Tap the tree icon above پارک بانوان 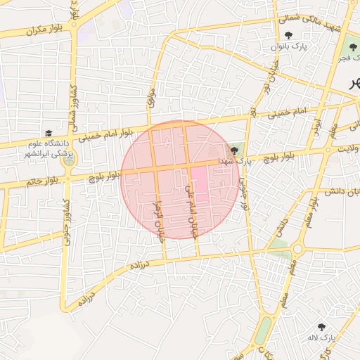click(x=289, y=35)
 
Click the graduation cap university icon click(x=49, y=134)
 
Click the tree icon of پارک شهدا click(x=234, y=150)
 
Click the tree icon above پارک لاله click(x=322, y=326)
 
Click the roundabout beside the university click(x=69, y=161)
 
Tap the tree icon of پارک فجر click(x=352, y=48)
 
